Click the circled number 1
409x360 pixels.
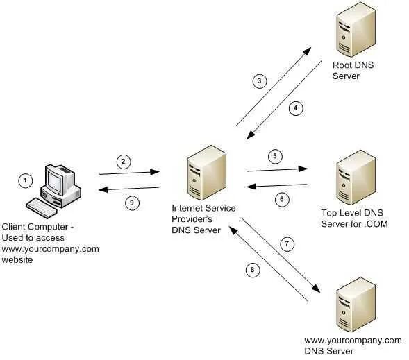[26, 181]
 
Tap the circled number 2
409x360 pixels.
[123, 162]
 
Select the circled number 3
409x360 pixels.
[258, 81]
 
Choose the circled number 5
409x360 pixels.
[276, 156]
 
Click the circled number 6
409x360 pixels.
[281, 199]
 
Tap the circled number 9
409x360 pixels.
[130, 203]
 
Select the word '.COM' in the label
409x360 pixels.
[376, 223]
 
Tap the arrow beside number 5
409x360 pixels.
[277, 168]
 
